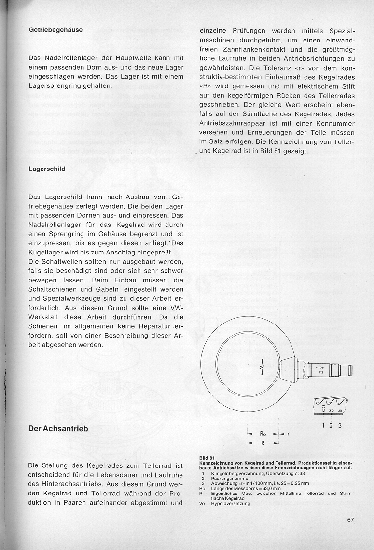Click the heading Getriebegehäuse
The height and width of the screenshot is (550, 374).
pyautogui.click(x=55, y=30)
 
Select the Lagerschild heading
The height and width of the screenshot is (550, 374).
pyautogui.click(x=47, y=169)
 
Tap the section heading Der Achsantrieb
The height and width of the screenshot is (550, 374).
pyautogui.click(x=58, y=429)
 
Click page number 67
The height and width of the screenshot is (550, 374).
pyautogui.click(x=350, y=520)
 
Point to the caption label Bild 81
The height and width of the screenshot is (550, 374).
pyautogui.click(x=207, y=457)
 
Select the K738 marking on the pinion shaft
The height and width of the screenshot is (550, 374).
pyautogui.click(x=320, y=367)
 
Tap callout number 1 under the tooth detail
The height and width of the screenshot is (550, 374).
pyautogui.click(x=323, y=426)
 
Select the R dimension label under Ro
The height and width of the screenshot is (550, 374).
pyautogui.click(x=263, y=442)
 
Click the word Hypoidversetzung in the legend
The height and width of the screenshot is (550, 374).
pyautogui.click(x=231, y=504)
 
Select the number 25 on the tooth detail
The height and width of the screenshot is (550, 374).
pyautogui.click(x=340, y=411)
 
